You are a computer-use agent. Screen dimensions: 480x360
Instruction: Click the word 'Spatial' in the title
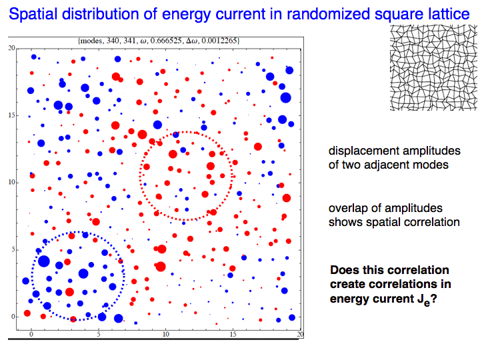[33, 15]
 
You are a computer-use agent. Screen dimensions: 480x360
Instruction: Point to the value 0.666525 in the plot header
[167, 41]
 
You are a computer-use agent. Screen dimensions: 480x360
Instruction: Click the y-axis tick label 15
[11, 115]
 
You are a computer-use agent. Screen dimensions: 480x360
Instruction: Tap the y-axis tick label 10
[11, 183]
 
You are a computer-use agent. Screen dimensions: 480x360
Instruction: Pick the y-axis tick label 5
[13, 250]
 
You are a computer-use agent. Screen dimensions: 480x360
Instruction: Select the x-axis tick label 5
[99, 334]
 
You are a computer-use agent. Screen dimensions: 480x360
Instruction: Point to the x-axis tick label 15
[233, 334]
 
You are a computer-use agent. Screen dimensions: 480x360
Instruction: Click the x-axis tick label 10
[165, 334]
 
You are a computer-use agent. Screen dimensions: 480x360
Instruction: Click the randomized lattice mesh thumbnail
[433, 67]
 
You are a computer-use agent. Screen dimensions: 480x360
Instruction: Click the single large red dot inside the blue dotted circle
[69, 292]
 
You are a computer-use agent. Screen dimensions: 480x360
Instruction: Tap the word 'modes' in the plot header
[92, 41]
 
